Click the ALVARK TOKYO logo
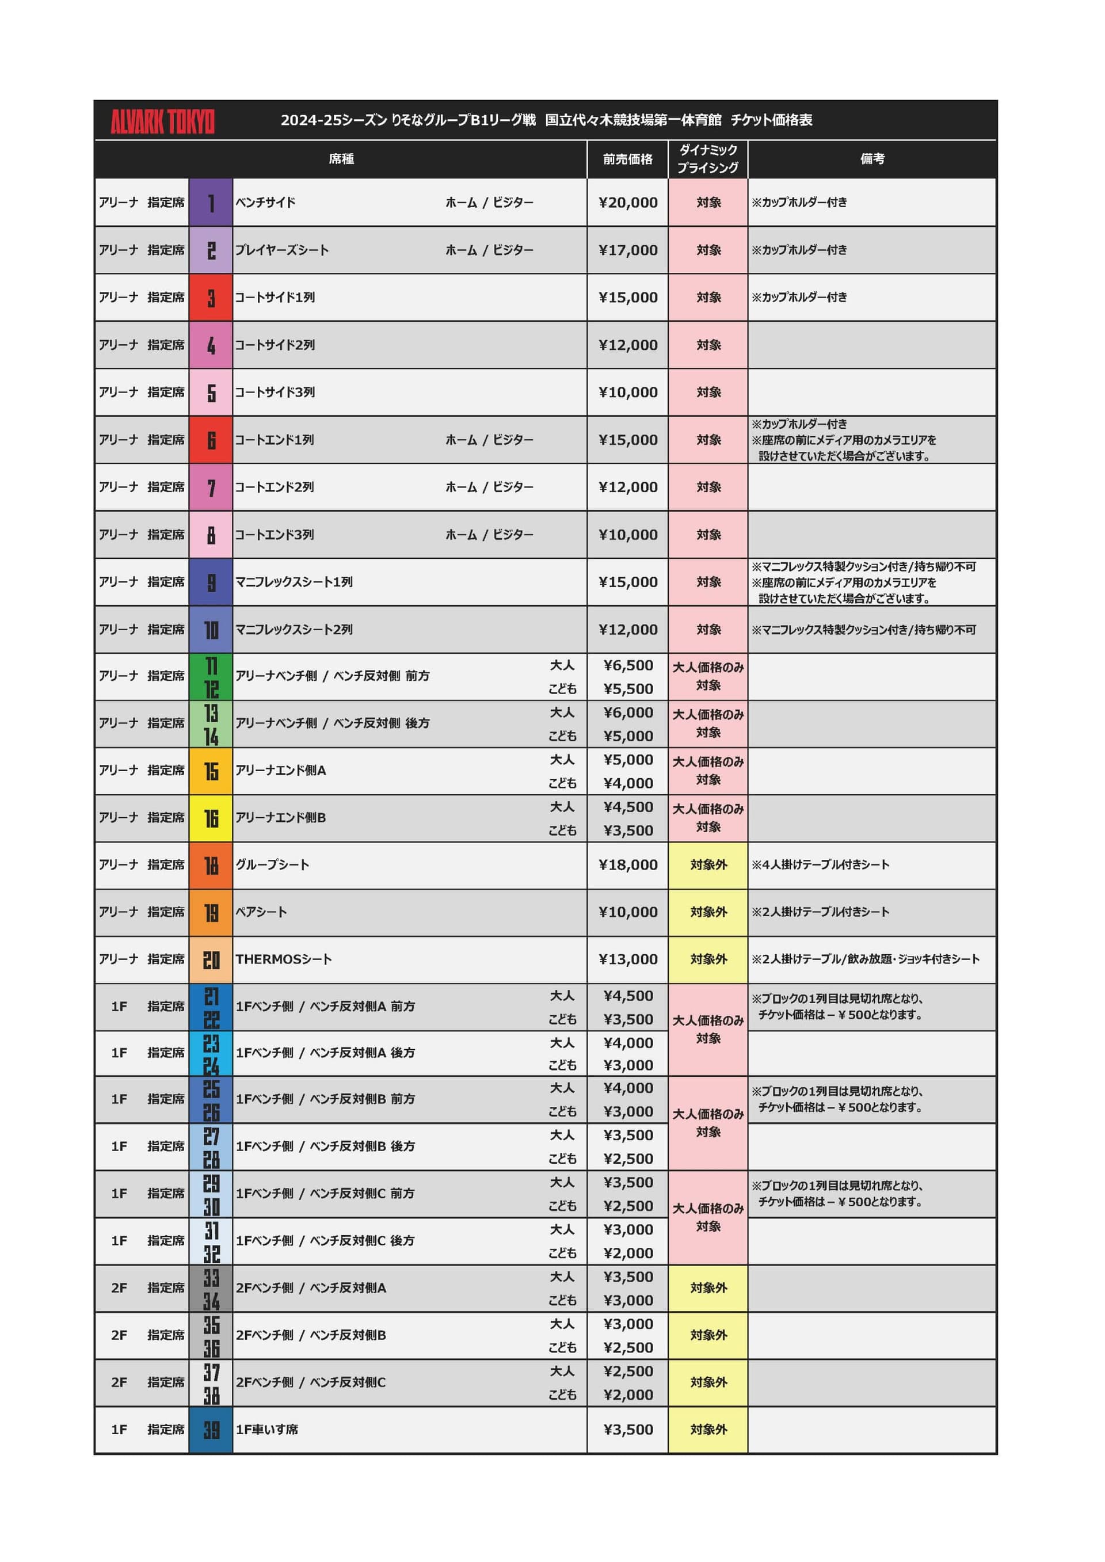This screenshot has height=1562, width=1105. (163, 122)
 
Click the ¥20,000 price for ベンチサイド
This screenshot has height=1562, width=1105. (628, 203)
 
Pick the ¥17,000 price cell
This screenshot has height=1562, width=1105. (628, 250)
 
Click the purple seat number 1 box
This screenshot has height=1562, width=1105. (211, 203)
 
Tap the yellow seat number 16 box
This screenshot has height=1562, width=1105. (211, 818)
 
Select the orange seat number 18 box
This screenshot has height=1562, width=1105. (211, 866)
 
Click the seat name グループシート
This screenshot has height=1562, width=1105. (272, 864)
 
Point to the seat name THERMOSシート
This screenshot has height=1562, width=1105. (284, 959)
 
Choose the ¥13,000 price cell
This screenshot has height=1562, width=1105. (628, 959)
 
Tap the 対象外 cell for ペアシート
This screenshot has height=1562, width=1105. (708, 912)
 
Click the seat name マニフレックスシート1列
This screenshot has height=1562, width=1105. (294, 582)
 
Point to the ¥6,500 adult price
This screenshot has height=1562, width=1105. (628, 665)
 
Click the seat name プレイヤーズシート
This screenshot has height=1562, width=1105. (281, 250)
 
